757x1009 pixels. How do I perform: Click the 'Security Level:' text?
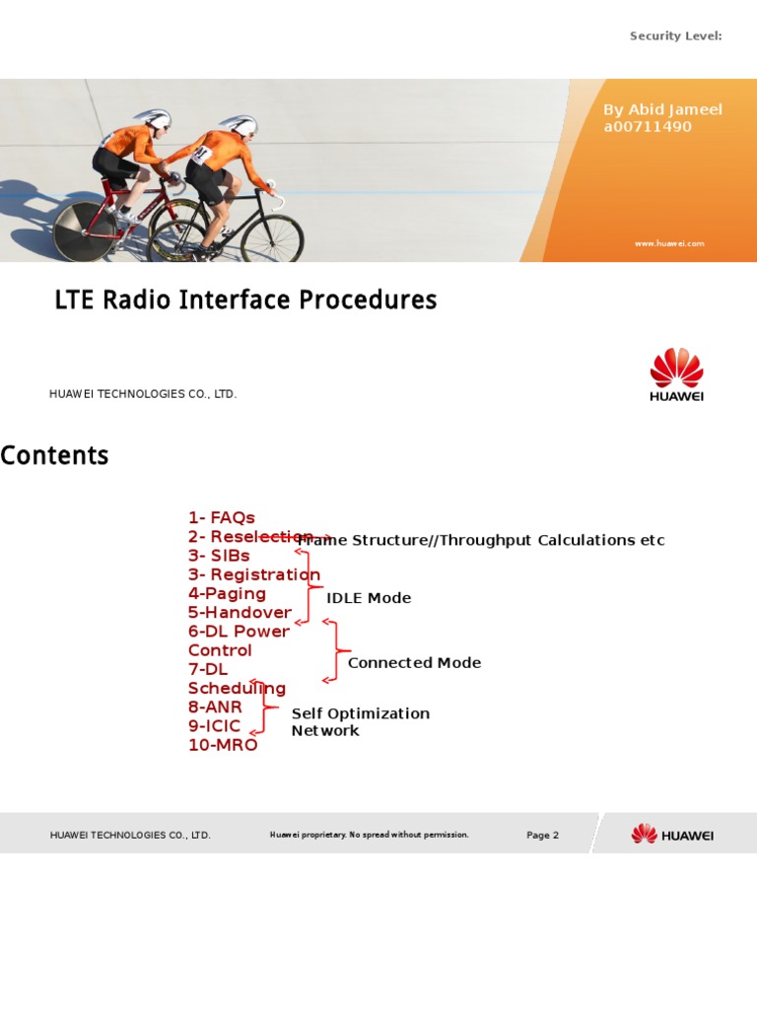[x=675, y=36]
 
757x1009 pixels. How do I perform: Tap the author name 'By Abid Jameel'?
[x=662, y=109]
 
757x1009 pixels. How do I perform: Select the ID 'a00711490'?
[x=648, y=127]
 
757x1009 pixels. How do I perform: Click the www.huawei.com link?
[x=669, y=243]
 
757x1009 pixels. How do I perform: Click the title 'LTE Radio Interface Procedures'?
[x=245, y=300]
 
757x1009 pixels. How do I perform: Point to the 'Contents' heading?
[x=54, y=456]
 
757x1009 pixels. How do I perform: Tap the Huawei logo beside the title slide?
[x=676, y=374]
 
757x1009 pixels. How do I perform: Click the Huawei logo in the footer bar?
[x=672, y=835]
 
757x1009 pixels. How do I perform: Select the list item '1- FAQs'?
[x=222, y=518]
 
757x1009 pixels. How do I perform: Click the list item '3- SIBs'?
[x=219, y=556]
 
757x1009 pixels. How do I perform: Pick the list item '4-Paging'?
[x=227, y=593]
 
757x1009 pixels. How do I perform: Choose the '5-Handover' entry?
[x=240, y=613]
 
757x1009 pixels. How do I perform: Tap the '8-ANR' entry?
[x=215, y=706]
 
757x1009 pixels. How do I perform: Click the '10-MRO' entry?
[x=223, y=745]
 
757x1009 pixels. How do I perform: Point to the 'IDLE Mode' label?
[x=369, y=598]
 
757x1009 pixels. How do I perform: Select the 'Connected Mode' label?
[x=414, y=663]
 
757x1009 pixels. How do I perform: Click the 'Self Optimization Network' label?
[x=360, y=721]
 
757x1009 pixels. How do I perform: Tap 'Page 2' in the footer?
[x=542, y=836]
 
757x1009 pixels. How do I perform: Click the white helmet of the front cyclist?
[x=240, y=125]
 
